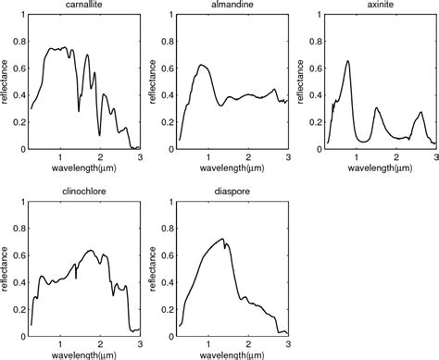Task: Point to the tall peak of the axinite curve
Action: point(347,61)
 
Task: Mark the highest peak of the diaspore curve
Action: point(223,239)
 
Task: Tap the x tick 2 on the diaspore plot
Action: point(250,341)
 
